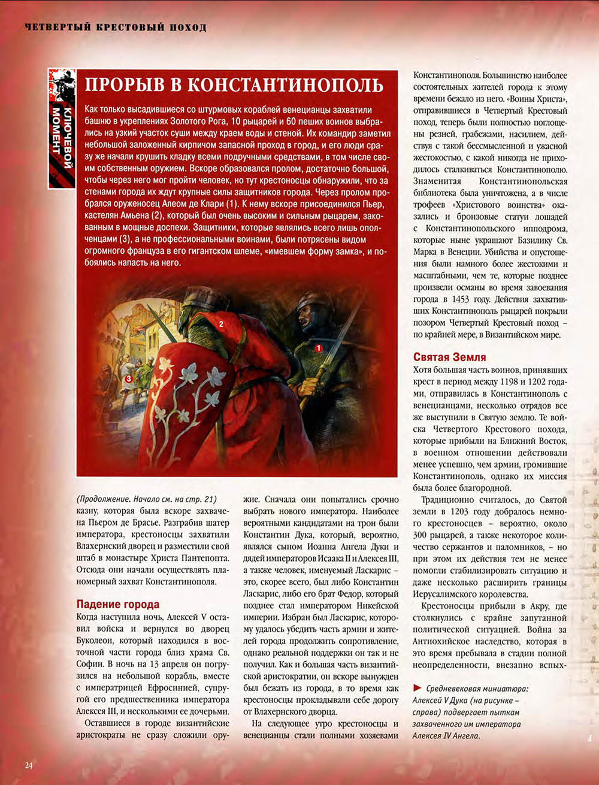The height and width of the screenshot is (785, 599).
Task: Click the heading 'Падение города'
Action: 118,604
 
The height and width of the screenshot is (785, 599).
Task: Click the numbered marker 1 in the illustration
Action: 319,347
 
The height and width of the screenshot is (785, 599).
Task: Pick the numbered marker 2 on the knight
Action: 221,324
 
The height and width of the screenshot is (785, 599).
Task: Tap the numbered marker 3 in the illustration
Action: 128,378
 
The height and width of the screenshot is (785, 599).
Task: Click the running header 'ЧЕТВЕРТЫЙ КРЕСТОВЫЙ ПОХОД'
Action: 116,28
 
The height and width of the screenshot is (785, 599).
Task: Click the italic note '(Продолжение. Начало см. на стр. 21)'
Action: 146,499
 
